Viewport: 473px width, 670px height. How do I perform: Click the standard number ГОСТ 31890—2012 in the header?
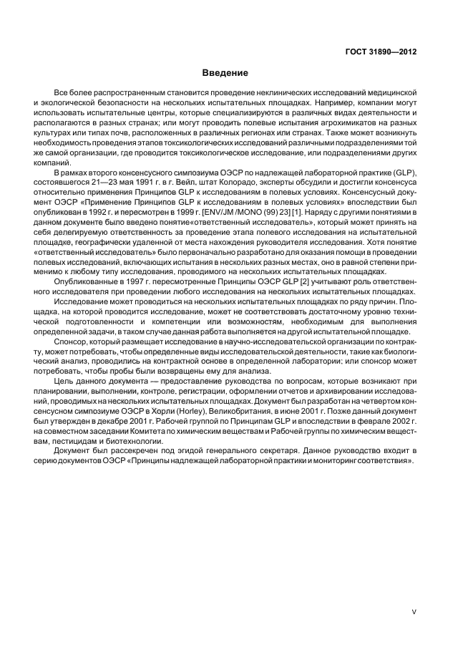click(381, 51)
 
